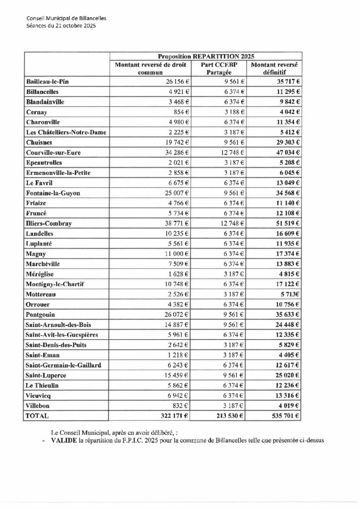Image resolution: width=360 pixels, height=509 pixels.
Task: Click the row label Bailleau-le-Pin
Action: [48, 81]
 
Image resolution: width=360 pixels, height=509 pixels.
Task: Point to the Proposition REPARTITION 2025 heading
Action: [206, 56]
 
